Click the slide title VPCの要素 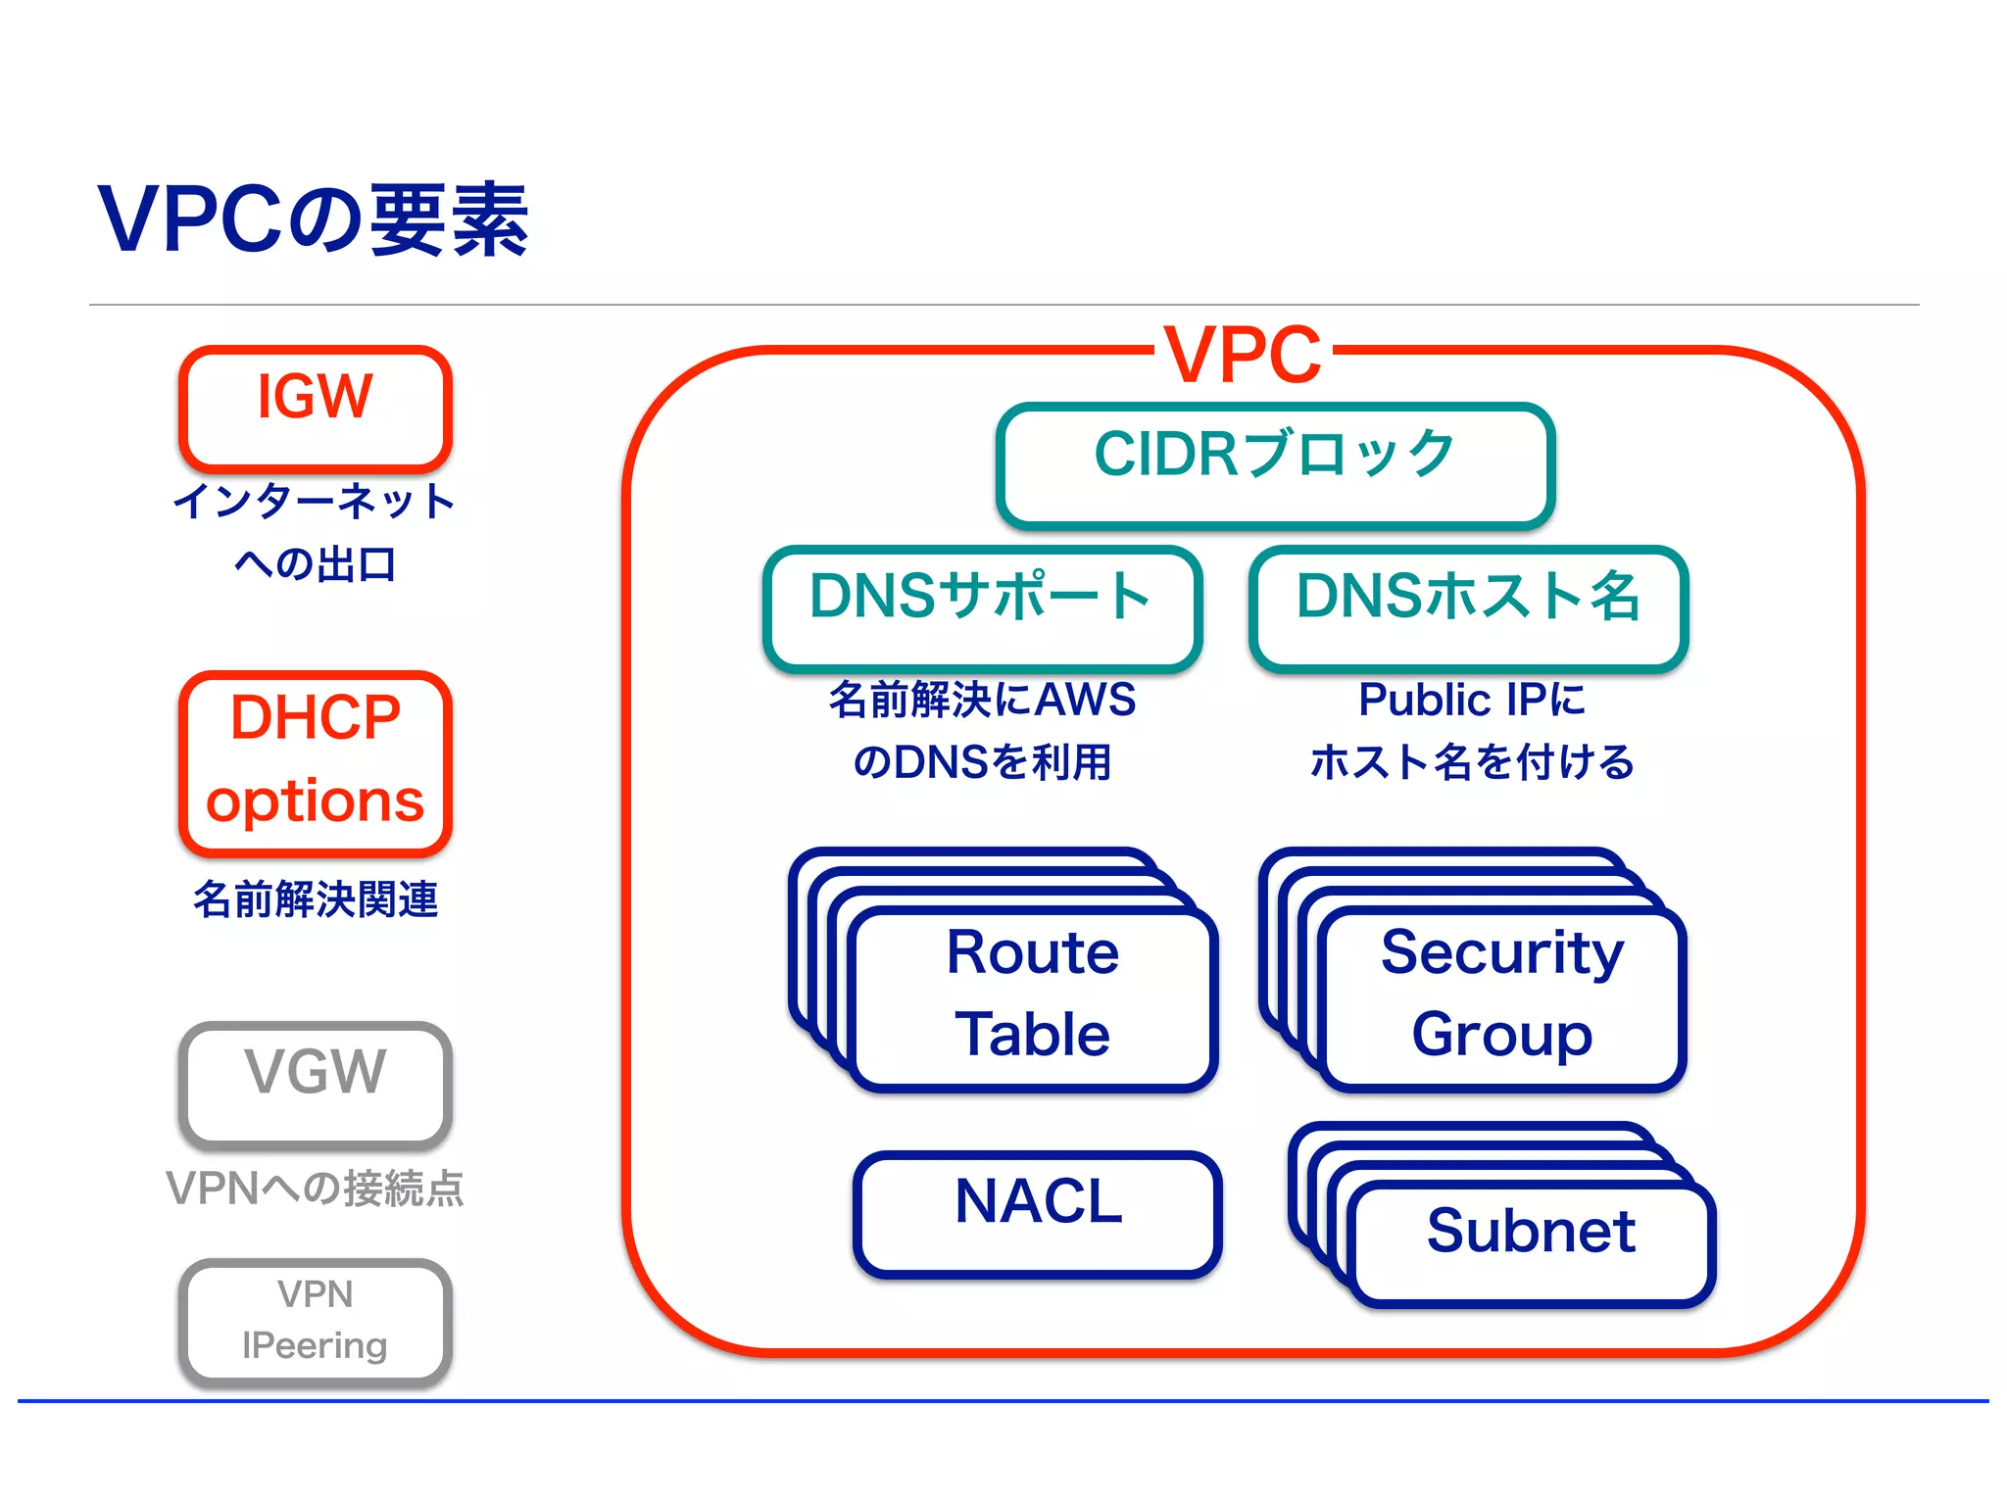tap(314, 220)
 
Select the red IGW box tap(315, 408)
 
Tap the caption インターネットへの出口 tap(315, 532)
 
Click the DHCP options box tap(315, 761)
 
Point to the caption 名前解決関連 tap(315, 898)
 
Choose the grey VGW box tap(315, 1084)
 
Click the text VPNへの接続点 tap(315, 1188)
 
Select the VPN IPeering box tap(315, 1320)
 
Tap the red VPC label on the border tap(1242, 355)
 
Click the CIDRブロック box tap(1275, 464)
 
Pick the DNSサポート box tap(982, 607)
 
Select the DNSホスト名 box tap(1468, 607)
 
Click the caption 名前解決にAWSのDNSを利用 tap(982, 730)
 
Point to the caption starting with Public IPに tap(1472, 730)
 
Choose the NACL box tap(1038, 1212)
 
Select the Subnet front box tap(1531, 1241)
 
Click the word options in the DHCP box tap(315, 802)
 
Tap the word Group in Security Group tap(1502, 1035)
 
